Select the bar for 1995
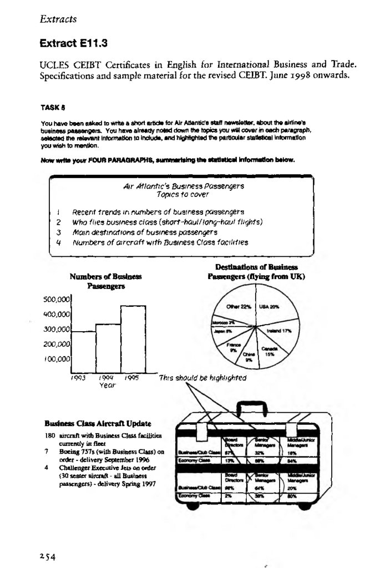pos(133,339)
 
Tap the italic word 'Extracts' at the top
pos(58,20)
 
